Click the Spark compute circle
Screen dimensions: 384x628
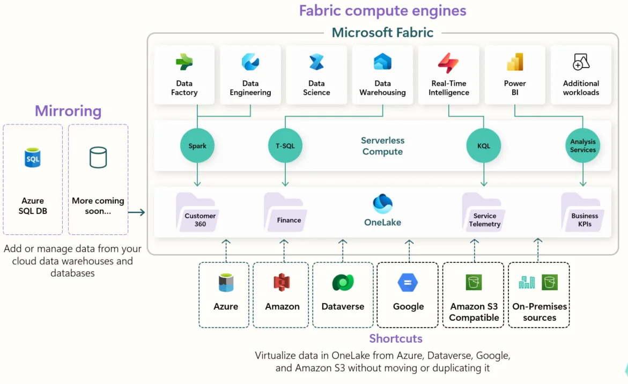(x=197, y=146)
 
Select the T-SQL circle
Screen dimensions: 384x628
(x=285, y=146)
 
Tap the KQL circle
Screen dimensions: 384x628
(x=484, y=146)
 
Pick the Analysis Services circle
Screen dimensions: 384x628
(x=583, y=146)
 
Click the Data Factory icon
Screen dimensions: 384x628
(x=184, y=63)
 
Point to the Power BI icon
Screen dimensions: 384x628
(x=515, y=63)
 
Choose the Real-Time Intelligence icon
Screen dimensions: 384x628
(x=448, y=63)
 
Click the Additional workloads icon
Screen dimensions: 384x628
(x=581, y=62)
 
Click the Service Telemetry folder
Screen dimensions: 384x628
(x=482, y=213)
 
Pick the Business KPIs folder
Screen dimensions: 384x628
(x=582, y=213)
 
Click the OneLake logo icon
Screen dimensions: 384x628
(x=382, y=204)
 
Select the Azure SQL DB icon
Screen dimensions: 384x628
(x=33, y=158)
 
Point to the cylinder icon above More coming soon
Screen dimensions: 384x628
(x=98, y=158)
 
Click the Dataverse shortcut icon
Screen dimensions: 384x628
(x=343, y=283)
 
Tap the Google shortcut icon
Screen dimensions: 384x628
(x=408, y=283)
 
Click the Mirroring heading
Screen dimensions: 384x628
(x=68, y=111)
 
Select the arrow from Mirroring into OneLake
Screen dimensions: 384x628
(x=137, y=212)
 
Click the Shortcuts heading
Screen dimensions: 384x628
(x=396, y=338)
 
